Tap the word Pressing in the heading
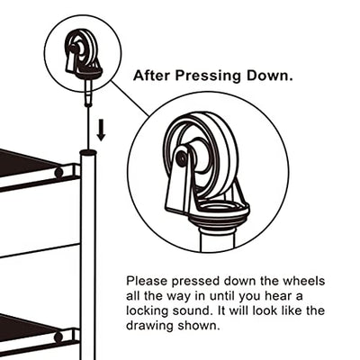tap(208, 76)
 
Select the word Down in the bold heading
tap(269, 76)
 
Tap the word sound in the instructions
tap(190, 310)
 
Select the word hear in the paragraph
tap(278, 296)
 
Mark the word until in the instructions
tap(220, 296)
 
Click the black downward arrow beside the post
tap(102, 130)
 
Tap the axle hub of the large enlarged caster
tap(182, 157)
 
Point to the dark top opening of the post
tap(88, 152)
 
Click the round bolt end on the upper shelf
tap(59, 172)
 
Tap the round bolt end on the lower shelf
tap(58, 337)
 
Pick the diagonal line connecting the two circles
tap(130, 98)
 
